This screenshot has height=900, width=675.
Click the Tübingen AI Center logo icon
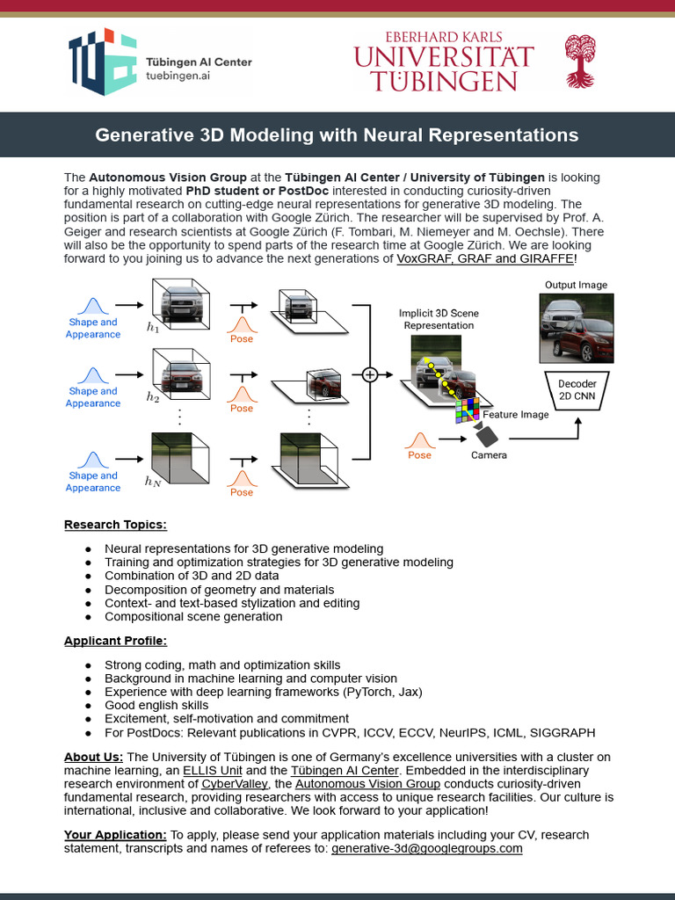tap(103, 63)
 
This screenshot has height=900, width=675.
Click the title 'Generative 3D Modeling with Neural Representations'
tap(337, 135)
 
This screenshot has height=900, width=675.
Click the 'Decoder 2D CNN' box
tap(577, 389)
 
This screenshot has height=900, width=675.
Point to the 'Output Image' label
tap(576, 285)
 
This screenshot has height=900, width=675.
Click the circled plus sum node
tap(369, 374)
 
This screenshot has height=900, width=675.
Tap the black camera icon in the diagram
tap(485, 434)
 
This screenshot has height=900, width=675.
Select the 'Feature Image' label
tap(516, 414)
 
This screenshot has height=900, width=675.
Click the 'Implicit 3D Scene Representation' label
tap(439, 319)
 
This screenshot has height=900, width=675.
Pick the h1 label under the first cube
tap(153, 328)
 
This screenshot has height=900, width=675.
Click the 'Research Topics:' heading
tap(115, 525)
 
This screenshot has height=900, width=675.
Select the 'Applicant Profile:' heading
tap(115, 641)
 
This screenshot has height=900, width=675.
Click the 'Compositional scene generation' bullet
tap(193, 616)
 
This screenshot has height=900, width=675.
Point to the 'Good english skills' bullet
tap(156, 705)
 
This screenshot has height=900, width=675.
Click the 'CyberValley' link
tap(236, 783)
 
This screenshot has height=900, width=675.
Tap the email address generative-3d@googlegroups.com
tap(426, 848)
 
